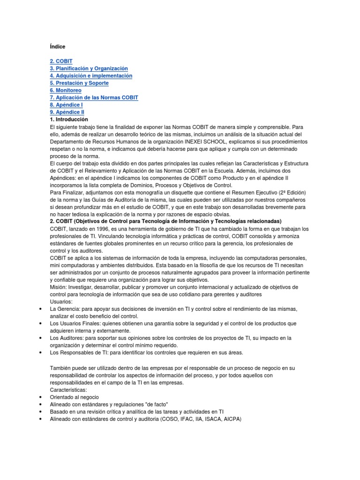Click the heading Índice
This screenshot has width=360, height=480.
(x=58, y=47)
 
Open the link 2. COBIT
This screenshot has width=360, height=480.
(x=61, y=61)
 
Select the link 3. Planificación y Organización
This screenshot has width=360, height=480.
(x=89, y=68)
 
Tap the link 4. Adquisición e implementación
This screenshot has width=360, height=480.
(x=91, y=76)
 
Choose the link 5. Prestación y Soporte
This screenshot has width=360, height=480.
(x=79, y=83)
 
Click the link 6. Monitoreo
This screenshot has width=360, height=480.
(x=66, y=90)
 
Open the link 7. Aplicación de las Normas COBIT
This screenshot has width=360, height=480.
(x=94, y=97)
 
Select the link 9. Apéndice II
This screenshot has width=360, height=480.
(x=67, y=112)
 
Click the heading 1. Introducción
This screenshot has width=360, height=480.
(x=69, y=120)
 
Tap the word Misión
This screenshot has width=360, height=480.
(x=59, y=287)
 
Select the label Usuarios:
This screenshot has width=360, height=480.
(x=61, y=301)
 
